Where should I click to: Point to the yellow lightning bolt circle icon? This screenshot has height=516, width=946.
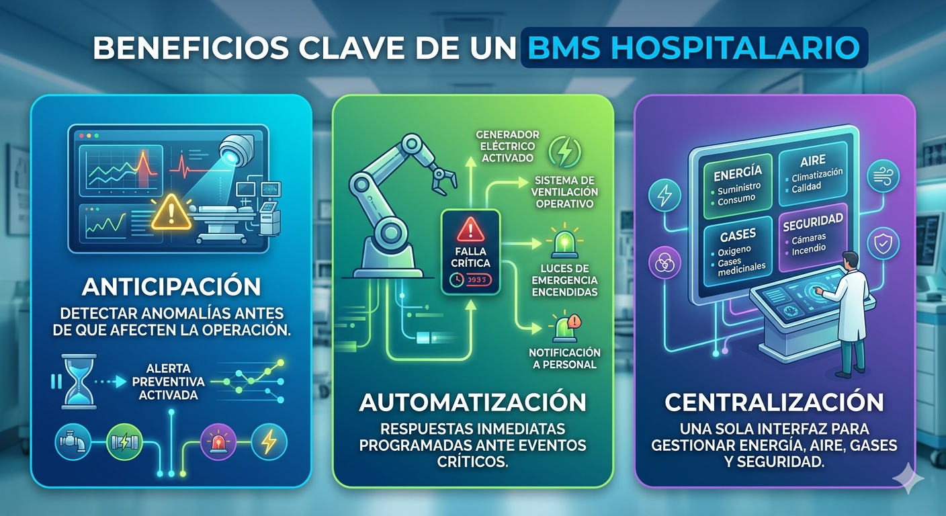[269, 441]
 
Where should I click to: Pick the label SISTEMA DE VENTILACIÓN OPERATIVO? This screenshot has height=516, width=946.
[564, 191]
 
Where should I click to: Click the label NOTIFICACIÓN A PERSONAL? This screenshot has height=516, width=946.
[564, 358]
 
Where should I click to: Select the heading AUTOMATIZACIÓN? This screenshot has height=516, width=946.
[473, 402]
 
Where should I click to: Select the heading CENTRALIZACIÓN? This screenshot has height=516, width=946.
[775, 402]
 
